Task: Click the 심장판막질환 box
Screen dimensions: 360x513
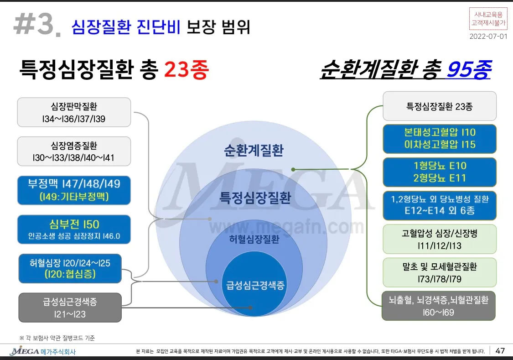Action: [x=74, y=112]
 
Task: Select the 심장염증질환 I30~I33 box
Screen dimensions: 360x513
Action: [x=74, y=151]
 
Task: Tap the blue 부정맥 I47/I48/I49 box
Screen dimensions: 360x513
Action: [x=74, y=190]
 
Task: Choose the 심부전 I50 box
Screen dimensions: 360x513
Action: [x=74, y=230]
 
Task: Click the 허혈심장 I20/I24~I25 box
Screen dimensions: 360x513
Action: [x=70, y=268]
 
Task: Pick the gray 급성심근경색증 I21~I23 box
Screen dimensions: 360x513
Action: [x=70, y=308]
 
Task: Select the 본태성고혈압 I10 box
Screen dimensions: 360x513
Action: [x=439, y=138]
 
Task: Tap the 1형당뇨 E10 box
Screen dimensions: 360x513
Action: [x=439, y=172]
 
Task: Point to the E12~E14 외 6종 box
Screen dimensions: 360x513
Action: [x=439, y=205]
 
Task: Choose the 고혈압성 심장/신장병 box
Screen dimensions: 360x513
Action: [x=439, y=239]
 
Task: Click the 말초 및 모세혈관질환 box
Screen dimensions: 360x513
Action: [x=439, y=272]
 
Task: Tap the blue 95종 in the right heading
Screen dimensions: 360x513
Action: [x=468, y=70]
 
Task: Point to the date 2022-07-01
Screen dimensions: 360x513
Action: [x=488, y=37]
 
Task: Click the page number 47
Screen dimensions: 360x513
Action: [x=500, y=351]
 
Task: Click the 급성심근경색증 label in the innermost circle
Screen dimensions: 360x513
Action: [x=255, y=286]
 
